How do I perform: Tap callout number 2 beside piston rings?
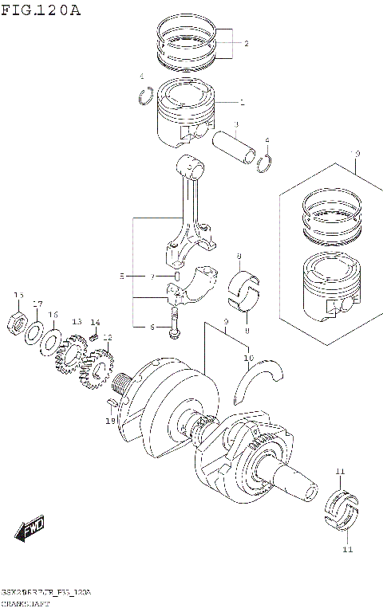[x=247, y=44]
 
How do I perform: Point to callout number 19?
[x=111, y=420]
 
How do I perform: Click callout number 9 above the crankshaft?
[x=226, y=321]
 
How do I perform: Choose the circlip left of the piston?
[x=146, y=97]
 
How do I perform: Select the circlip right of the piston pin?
[x=267, y=163]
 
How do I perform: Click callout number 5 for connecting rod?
[x=122, y=277]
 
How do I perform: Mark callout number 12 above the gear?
[x=107, y=337]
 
